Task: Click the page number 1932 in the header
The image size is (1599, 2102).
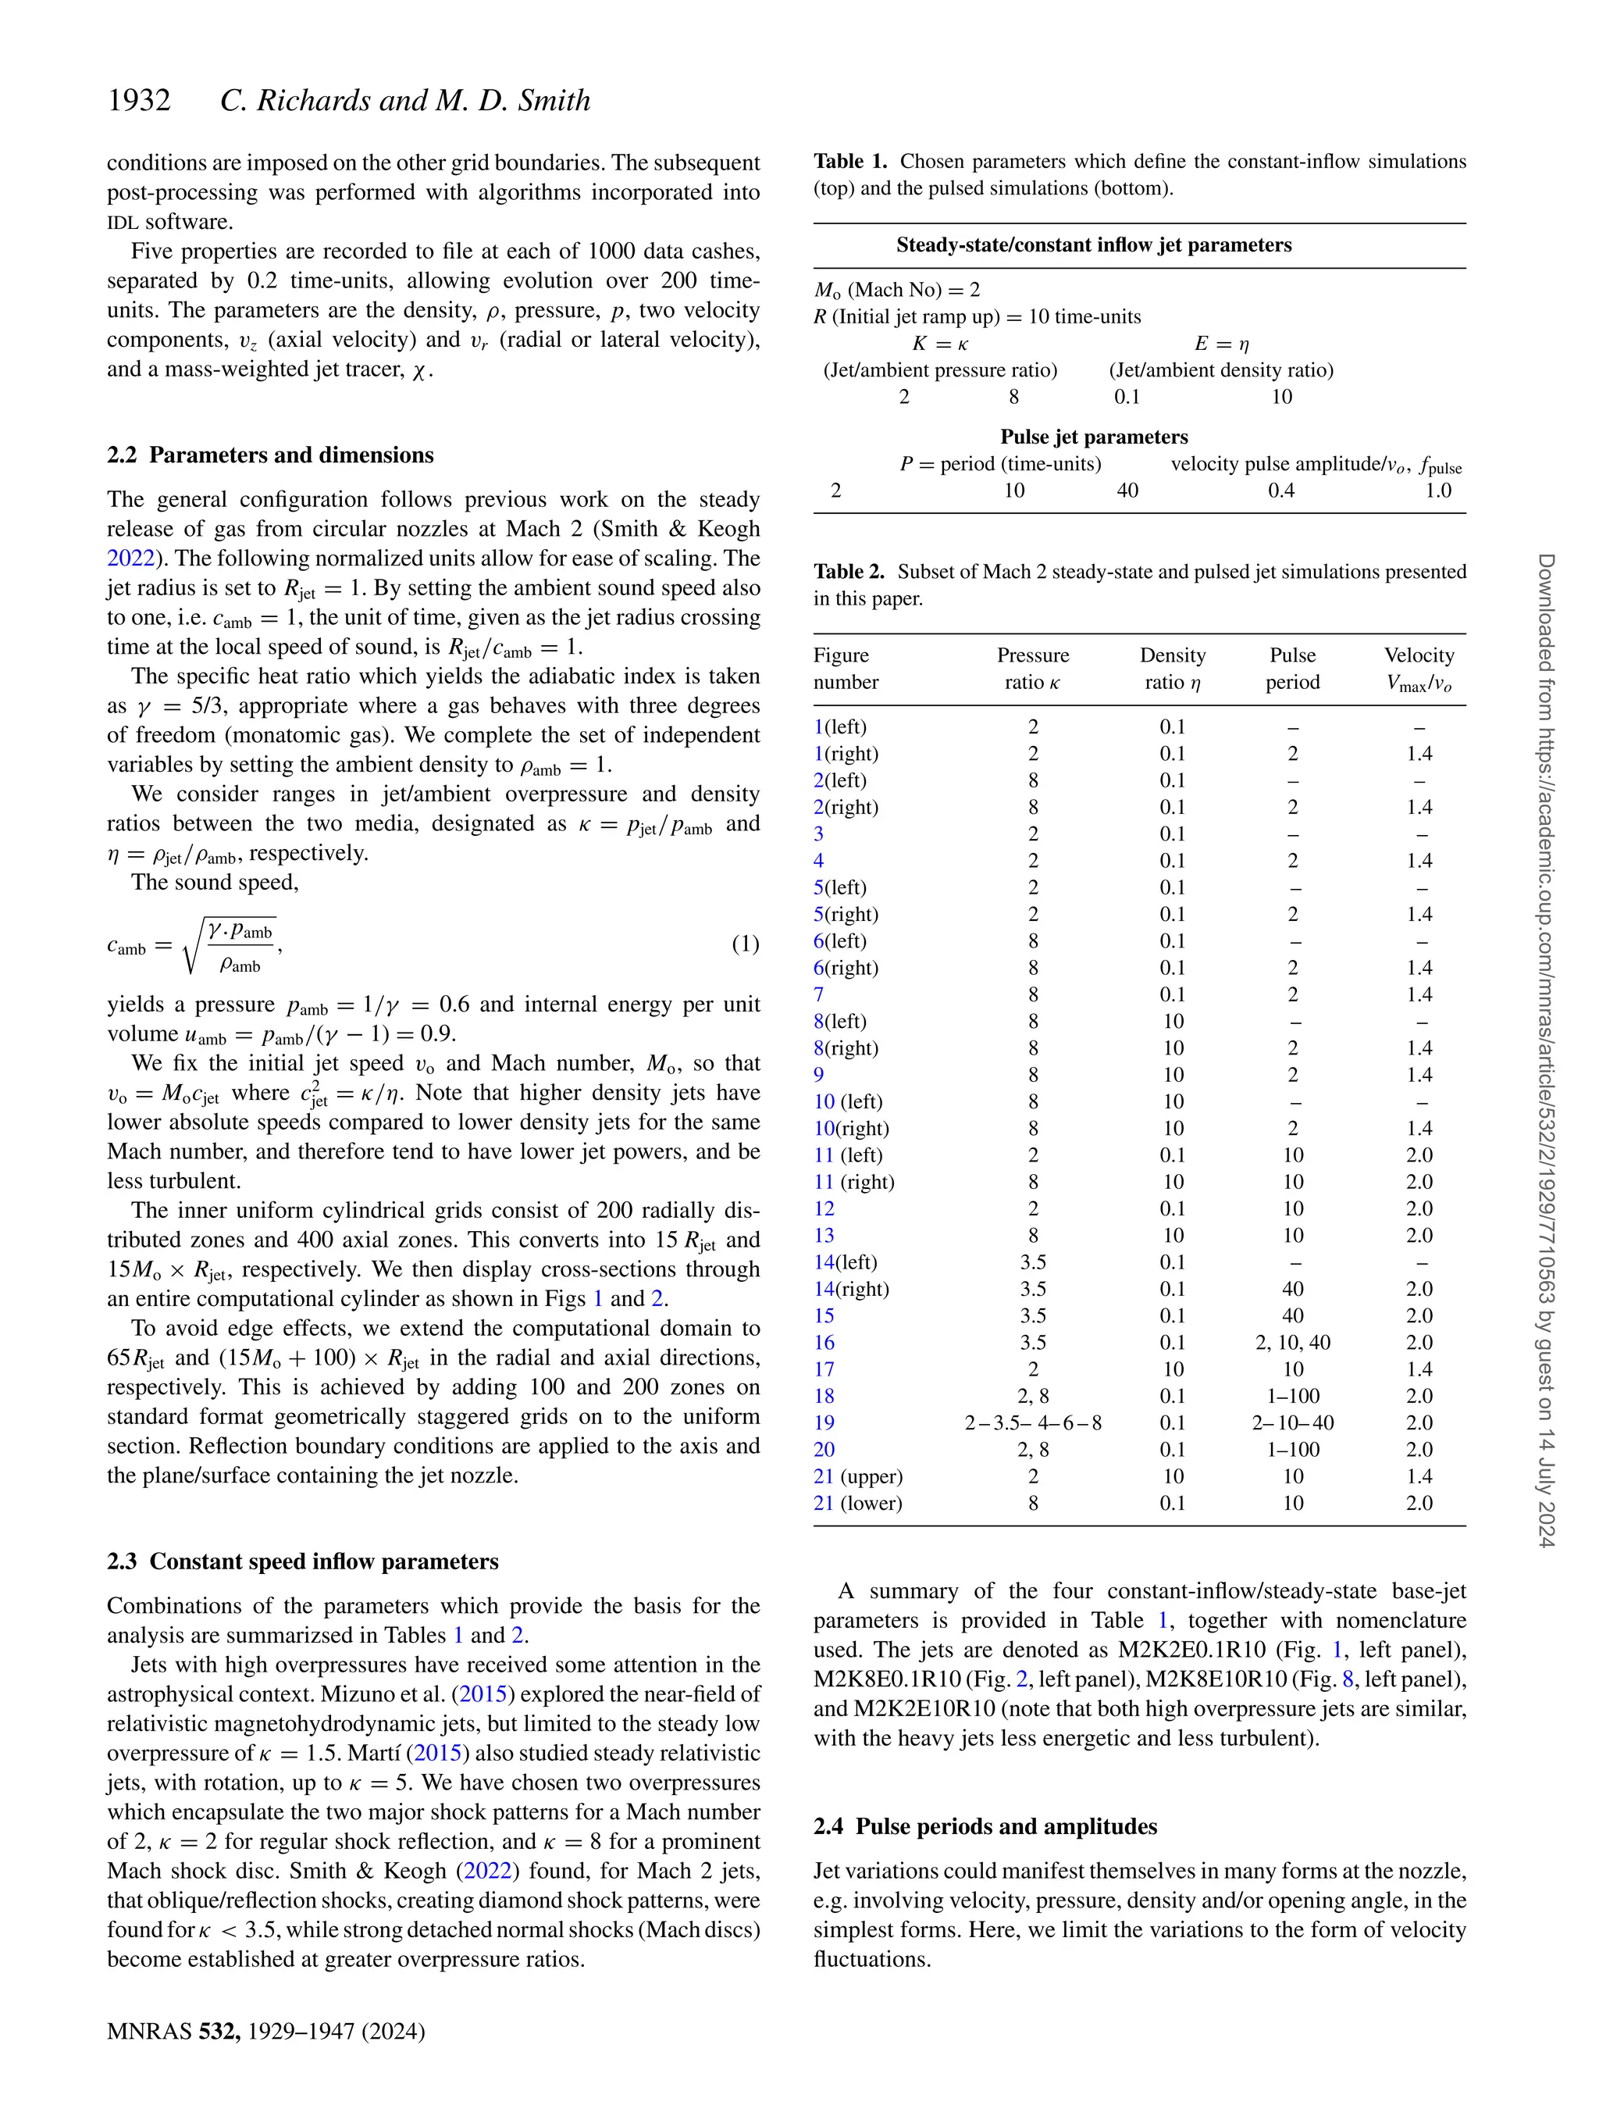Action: coord(139,101)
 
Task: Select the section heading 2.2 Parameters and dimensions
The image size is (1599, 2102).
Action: coord(270,455)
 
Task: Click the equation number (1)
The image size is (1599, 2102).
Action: coord(744,944)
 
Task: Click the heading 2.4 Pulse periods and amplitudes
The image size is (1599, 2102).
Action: coord(985,1826)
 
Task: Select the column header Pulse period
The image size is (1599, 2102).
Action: coord(1291,669)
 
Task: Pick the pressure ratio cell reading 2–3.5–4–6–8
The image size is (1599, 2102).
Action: coord(1033,1422)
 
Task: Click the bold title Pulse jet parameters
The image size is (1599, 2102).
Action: coord(1094,437)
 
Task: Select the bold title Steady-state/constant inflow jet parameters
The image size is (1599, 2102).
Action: coord(1094,244)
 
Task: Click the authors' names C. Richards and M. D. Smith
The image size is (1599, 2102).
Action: coord(405,101)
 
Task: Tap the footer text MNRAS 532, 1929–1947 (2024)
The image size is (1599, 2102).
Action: coord(265,2031)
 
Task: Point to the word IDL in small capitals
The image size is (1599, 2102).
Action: coord(123,223)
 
